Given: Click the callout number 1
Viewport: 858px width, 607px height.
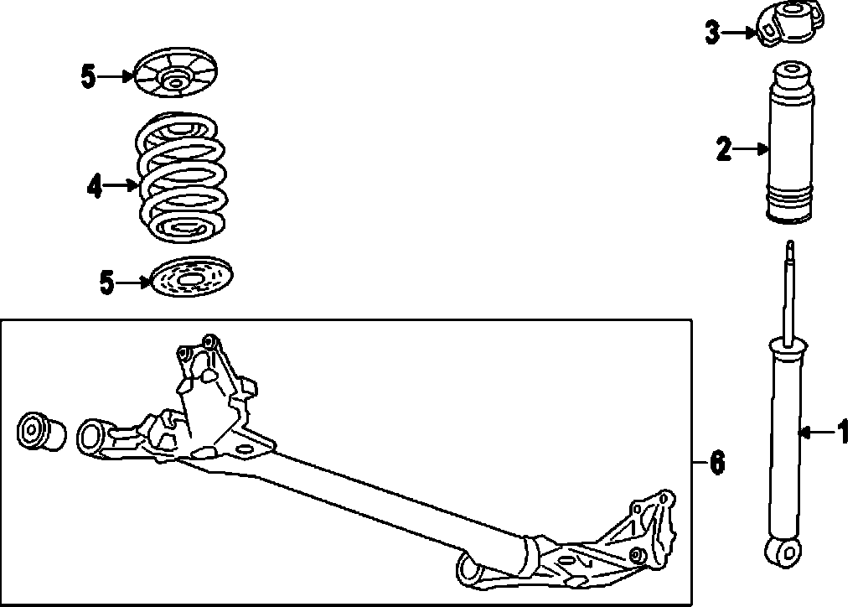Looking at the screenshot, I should tap(842, 433).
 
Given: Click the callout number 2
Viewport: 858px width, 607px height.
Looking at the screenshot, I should tap(723, 150).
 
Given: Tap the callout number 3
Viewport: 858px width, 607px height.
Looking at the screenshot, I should tap(712, 34).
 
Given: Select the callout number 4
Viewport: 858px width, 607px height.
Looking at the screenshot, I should tap(94, 186).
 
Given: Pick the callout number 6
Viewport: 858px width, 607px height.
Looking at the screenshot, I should tap(716, 462).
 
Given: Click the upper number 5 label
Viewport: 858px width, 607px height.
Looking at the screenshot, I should tap(89, 76).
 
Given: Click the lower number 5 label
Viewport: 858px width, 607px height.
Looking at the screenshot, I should tap(106, 283).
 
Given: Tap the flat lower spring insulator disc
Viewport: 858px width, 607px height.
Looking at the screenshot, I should tap(191, 277).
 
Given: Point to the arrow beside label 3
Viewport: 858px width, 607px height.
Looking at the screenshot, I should tap(739, 34).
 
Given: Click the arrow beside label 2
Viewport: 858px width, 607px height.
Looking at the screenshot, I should tap(751, 150).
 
